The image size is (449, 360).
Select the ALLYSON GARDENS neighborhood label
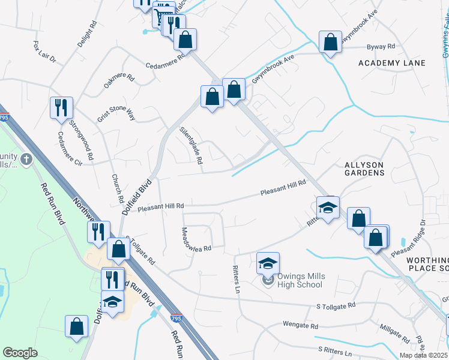point(364,168)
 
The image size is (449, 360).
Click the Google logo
point(20,352)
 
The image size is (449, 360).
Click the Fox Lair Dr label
point(44,52)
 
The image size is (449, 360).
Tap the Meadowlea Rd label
point(196,239)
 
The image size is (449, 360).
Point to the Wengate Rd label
point(300,325)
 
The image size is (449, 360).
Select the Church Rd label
point(118,188)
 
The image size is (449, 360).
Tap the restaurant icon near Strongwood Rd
point(62,107)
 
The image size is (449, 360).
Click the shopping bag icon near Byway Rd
point(330,42)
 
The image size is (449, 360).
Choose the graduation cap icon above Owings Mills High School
point(268,262)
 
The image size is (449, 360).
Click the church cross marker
point(26,160)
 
